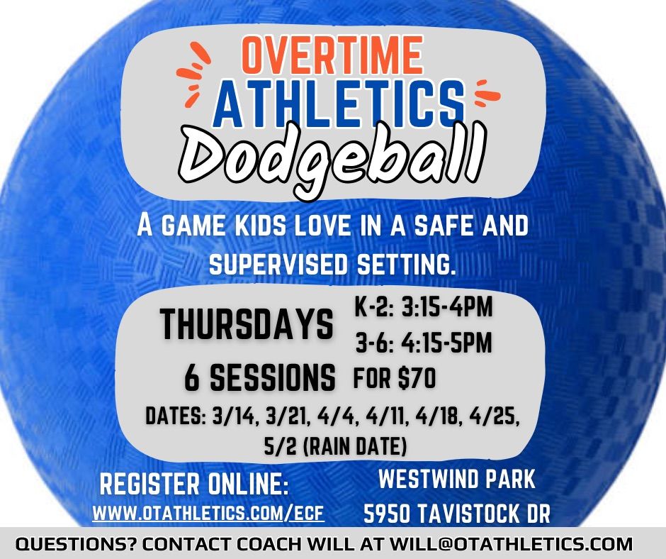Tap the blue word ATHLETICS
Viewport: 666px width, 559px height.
(339, 101)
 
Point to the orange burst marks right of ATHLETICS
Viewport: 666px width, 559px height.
(485, 92)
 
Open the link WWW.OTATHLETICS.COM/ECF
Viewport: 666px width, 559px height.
(208, 511)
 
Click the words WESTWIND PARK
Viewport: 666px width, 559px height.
(457, 480)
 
